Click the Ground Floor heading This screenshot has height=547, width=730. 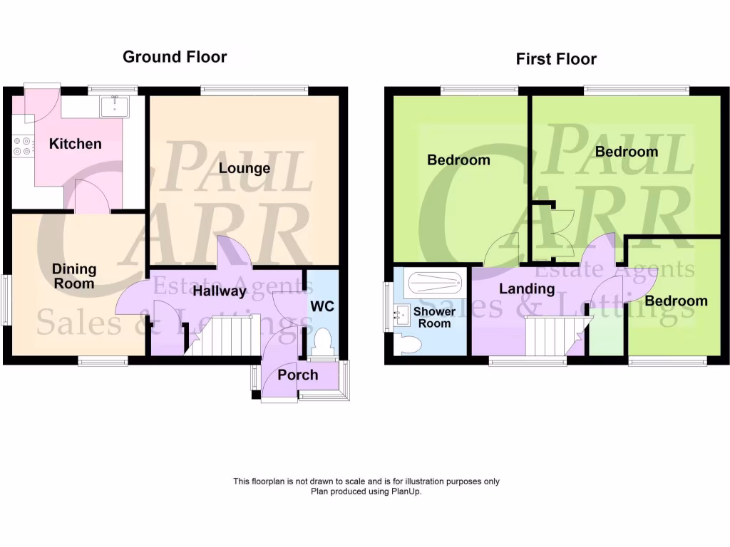tap(175, 57)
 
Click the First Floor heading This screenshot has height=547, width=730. tap(556, 59)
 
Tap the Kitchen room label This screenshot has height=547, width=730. tap(75, 144)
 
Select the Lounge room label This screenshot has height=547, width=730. tap(245, 169)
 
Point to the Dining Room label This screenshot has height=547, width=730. tap(74, 276)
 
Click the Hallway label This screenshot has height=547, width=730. tap(220, 291)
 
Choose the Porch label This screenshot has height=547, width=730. tap(298, 375)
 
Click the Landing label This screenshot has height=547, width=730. tap(527, 288)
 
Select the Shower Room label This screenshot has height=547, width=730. tap(434, 318)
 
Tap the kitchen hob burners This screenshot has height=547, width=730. tap(22, 146)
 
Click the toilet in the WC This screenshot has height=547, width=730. tap(322, 340)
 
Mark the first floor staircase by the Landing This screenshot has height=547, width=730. tap(549, 335)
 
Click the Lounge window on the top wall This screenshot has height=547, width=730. tap(254, 90)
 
